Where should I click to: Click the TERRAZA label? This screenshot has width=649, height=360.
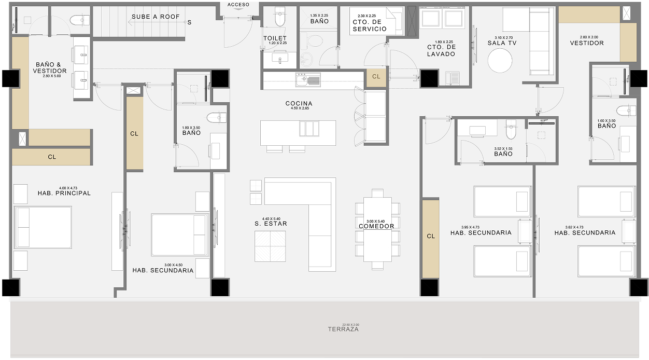[x=343, y=329]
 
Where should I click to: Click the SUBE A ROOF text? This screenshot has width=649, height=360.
[x=156, y=17]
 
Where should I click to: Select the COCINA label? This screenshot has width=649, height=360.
[x=299, y=104]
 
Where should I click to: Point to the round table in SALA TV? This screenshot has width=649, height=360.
[x=500, y=61]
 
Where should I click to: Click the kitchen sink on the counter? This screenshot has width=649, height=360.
[x=308, y=79]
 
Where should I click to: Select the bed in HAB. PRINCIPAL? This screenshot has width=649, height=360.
[x=43, y=227]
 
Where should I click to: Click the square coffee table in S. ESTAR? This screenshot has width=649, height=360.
[x=270, y=246]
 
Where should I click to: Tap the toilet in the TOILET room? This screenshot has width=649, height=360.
[x=279, y=18]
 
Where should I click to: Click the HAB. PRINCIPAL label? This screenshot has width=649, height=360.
[x=64, y=193]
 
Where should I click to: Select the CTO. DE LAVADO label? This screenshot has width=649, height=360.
[x=441, y=50]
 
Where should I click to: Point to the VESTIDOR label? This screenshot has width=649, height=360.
[x=587, y=43]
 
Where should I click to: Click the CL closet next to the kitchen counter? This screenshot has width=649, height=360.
[x=376, y=76]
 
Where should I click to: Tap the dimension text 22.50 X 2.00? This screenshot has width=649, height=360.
[x=343, y=324]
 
